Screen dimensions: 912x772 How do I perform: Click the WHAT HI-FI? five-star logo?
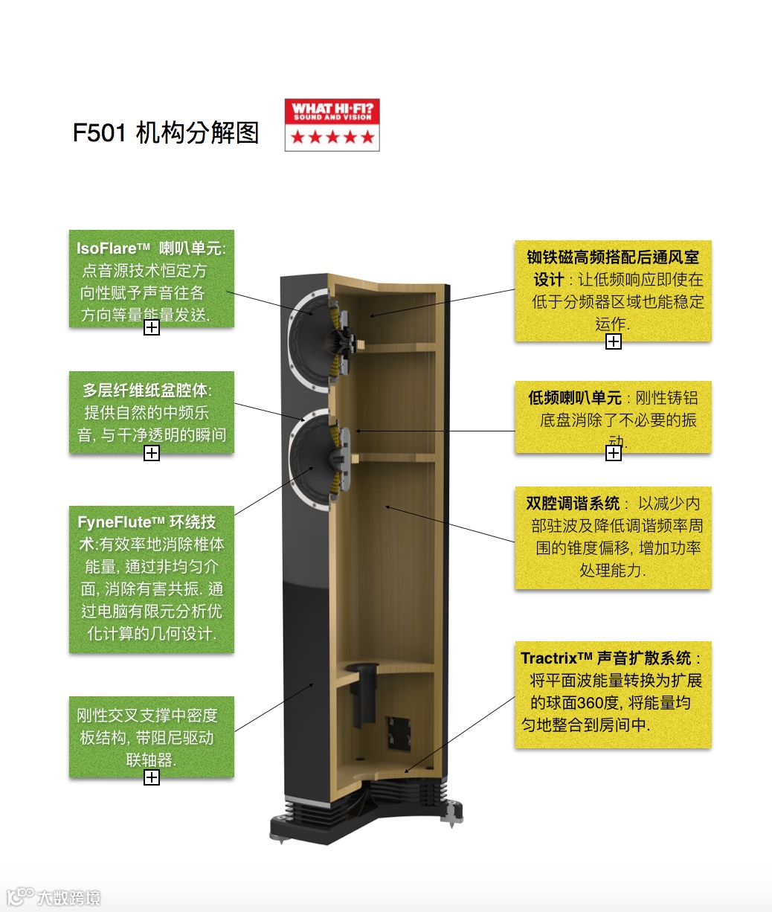[x=332, y=125]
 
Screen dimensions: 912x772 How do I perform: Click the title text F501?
[x=100, y=133]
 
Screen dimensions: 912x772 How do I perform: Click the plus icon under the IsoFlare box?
[x=152, y=327]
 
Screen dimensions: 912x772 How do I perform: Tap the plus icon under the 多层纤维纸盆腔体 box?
[x=152, y=453]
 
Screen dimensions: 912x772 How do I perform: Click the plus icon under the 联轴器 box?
[x=152, y=777]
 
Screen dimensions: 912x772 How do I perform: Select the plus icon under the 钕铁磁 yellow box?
[x=614, y=341]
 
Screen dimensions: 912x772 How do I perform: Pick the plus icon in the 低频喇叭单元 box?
[x=614, y=453]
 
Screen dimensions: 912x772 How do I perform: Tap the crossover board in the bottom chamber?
[x=397, y=733]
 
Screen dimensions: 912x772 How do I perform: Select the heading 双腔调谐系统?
[x=573, y=503]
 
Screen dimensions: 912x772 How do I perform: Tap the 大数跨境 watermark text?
[x=68, y=897]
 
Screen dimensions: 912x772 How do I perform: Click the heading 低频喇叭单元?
[x=574, y=398]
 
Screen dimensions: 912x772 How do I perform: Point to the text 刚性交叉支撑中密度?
[x=147, y=716]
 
